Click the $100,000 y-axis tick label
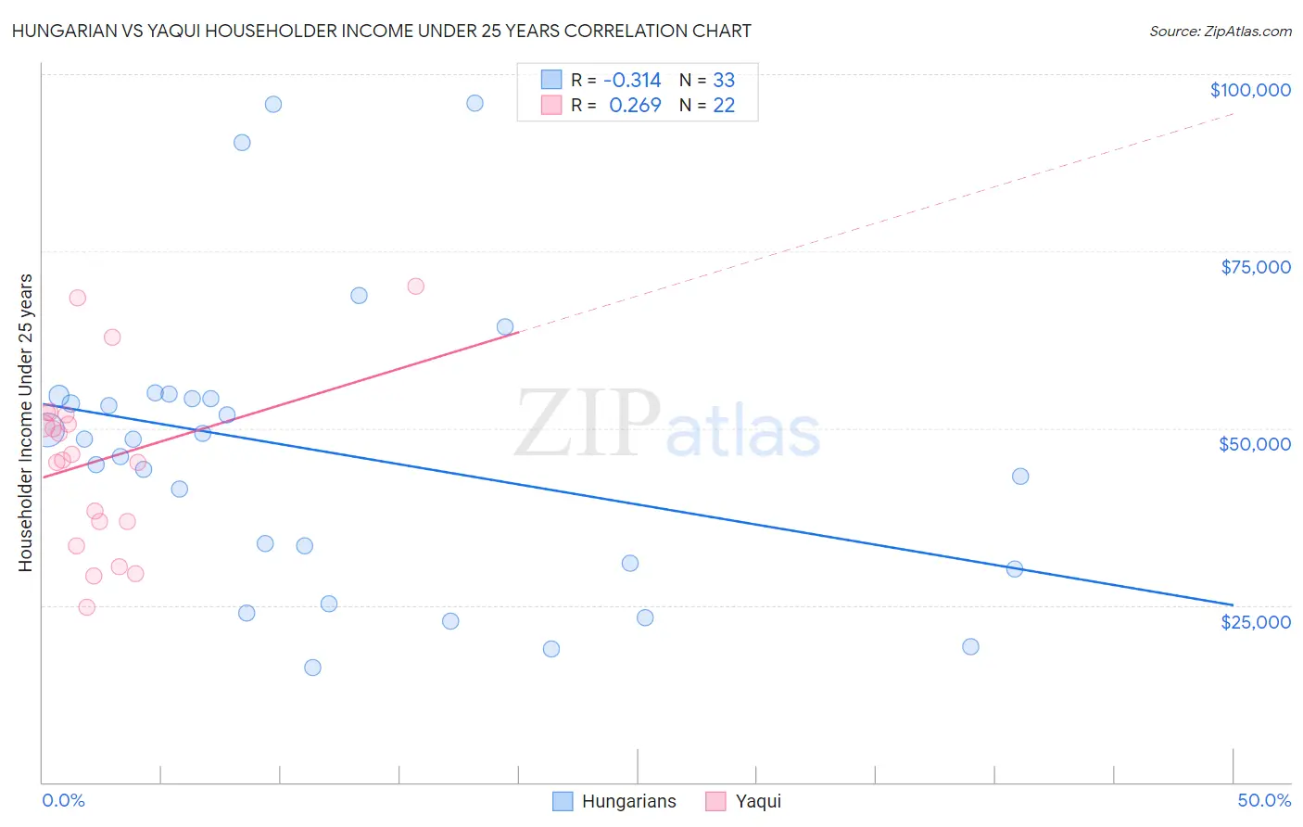(x=1250, y=90)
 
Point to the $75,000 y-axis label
(x=1256, y=267)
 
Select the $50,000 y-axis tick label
(x=1255, y=444)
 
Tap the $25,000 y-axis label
(x=1256, y=622)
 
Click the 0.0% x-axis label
(x=63, y=800)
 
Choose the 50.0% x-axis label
(x=1264, y=800)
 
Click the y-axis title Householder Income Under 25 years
(x=25, y=422)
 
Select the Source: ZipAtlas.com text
(x=1220, y=31)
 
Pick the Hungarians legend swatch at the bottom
(x=562, y=801)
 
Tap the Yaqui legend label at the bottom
(x=758, y=801)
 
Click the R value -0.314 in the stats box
(x=632, y=81)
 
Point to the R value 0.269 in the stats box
(x=635, y=105)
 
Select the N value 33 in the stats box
(x=724, y=81)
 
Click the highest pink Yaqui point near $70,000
(x=415, y=286)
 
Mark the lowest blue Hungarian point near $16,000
(x=312, y=668)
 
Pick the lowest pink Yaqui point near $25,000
(x=86, y=607)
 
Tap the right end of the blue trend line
(x=1232, y=604)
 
